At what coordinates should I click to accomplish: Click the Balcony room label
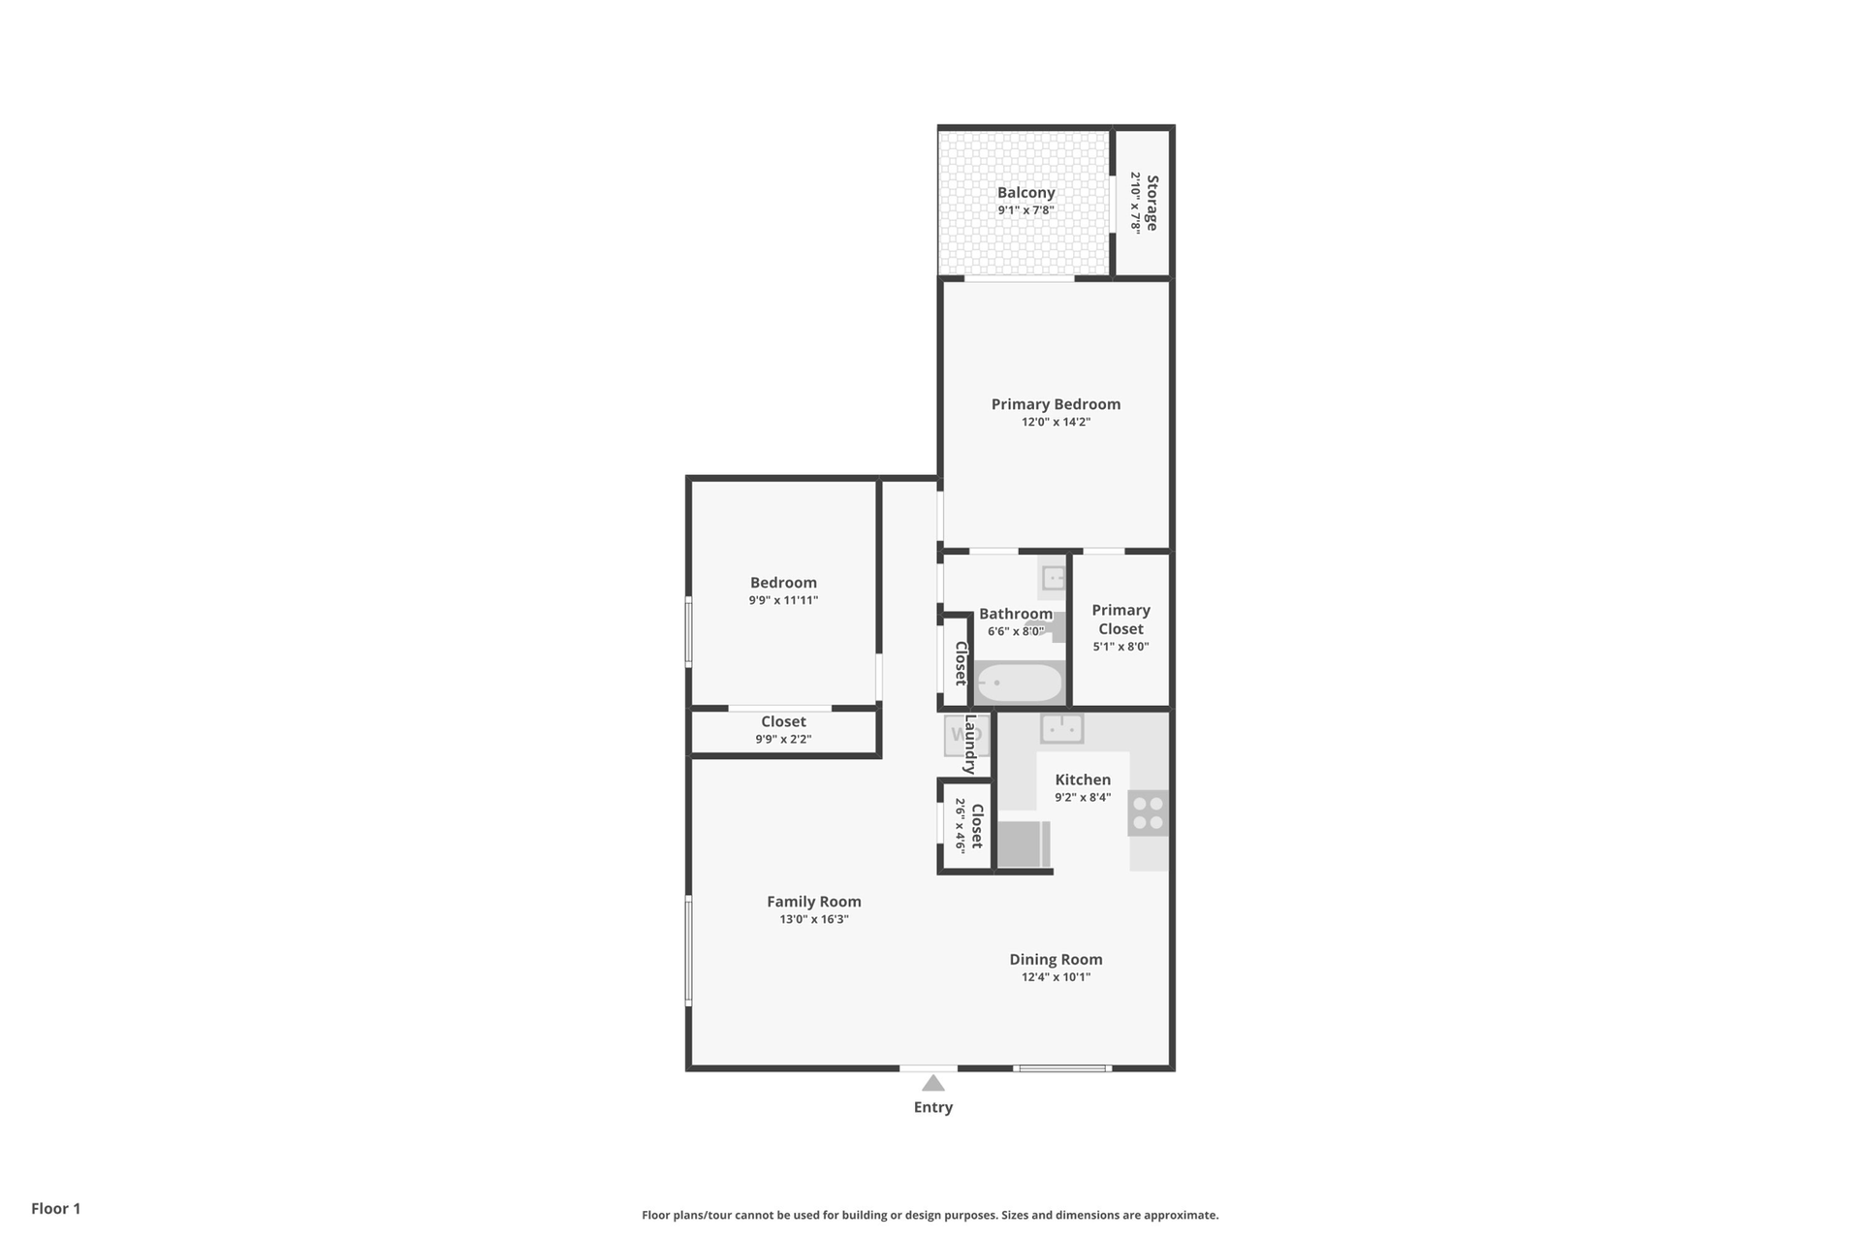click(x=1025, y=193)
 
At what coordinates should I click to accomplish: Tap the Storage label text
click(x=1151, y=203)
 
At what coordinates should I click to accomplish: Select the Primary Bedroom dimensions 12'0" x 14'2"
click(x=1056, y=422)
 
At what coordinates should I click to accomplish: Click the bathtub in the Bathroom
click(x=1019, y=683)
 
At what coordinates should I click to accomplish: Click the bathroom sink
click(x=1054, y=579)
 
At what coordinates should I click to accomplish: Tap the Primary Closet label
click(x=1120, y=620)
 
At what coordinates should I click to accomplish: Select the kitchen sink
click(x=1062, y=728)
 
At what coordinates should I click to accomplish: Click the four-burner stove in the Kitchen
click(x=1148, y=812)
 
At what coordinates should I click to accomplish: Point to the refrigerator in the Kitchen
click(x=1024, y=843)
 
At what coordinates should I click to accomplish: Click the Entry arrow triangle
click(x=932, y=1083)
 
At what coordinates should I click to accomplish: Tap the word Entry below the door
click(x=933, y=1107)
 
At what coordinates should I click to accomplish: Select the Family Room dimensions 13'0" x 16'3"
click(x=814, y=919)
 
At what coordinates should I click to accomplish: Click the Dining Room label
click(x=1056, y=960)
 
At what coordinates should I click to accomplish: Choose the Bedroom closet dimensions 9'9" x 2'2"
click(x=783, y=740)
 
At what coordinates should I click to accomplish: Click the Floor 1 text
click(x=56, y=1208)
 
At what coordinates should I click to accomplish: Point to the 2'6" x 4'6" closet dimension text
click(x=960, y=825)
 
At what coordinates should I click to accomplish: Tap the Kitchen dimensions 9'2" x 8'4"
click(x=1083, y=798)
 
